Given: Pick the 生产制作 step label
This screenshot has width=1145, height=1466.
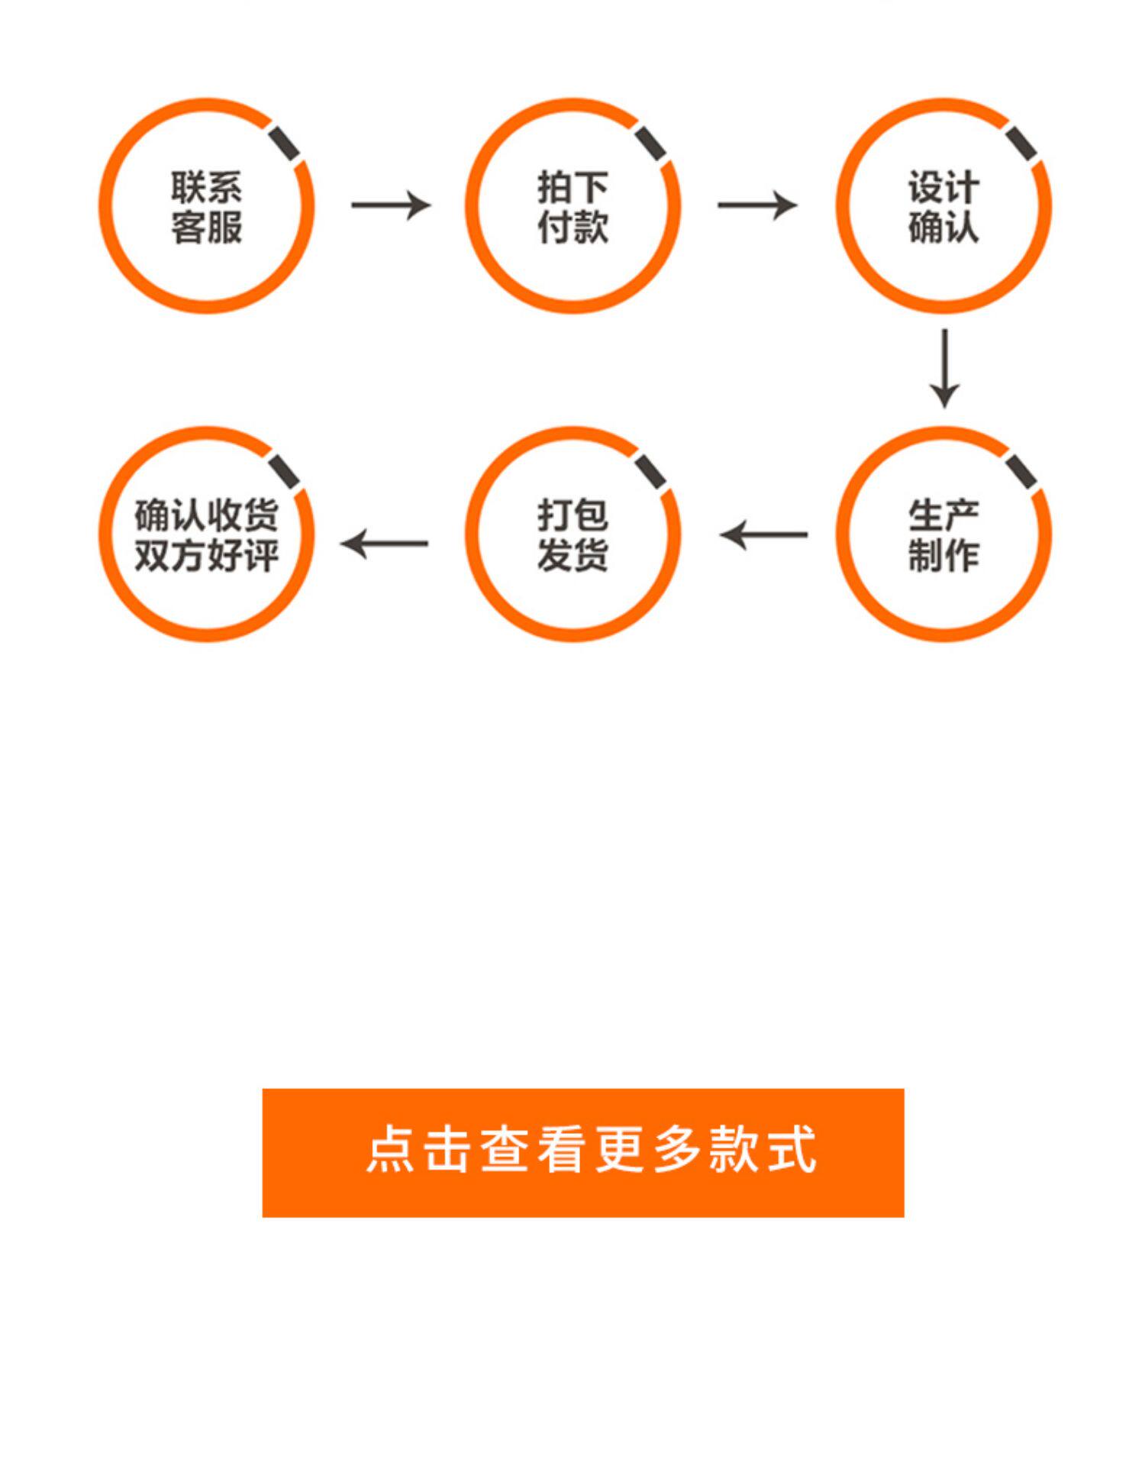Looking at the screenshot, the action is click(943, 535).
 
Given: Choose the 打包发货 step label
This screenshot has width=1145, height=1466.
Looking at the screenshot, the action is click(572, 535).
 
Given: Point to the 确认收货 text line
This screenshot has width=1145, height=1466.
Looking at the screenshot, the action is click(206, 515).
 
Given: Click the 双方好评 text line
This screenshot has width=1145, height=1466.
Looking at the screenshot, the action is click(206, 555).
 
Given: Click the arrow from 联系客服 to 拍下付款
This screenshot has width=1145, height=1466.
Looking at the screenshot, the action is click(391, 205).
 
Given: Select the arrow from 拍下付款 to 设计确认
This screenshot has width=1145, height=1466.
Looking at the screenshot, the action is click(757, 205).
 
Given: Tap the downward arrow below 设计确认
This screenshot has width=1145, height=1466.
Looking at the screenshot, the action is click(944, 369).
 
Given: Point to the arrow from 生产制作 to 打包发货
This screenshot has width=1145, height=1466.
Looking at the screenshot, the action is click(763, 534).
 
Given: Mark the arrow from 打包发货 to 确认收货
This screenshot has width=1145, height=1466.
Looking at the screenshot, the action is click(385, 544).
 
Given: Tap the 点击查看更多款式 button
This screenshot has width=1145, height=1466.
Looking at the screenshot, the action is click(583, 1152).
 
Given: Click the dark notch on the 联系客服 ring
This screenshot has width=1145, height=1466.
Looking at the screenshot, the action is click(283, 144).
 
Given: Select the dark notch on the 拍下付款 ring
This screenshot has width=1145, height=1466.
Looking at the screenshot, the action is click(651, 144).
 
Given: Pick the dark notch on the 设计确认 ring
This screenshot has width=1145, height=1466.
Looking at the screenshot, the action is click(1021, 144).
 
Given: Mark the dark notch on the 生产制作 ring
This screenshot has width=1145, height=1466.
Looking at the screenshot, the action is click(1021, 472).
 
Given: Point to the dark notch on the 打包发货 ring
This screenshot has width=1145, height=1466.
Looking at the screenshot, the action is click(651, 472).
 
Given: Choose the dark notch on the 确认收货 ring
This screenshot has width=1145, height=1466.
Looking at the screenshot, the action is click(284, 472).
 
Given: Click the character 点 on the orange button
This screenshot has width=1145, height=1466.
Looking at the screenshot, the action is click(390, 1148).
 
